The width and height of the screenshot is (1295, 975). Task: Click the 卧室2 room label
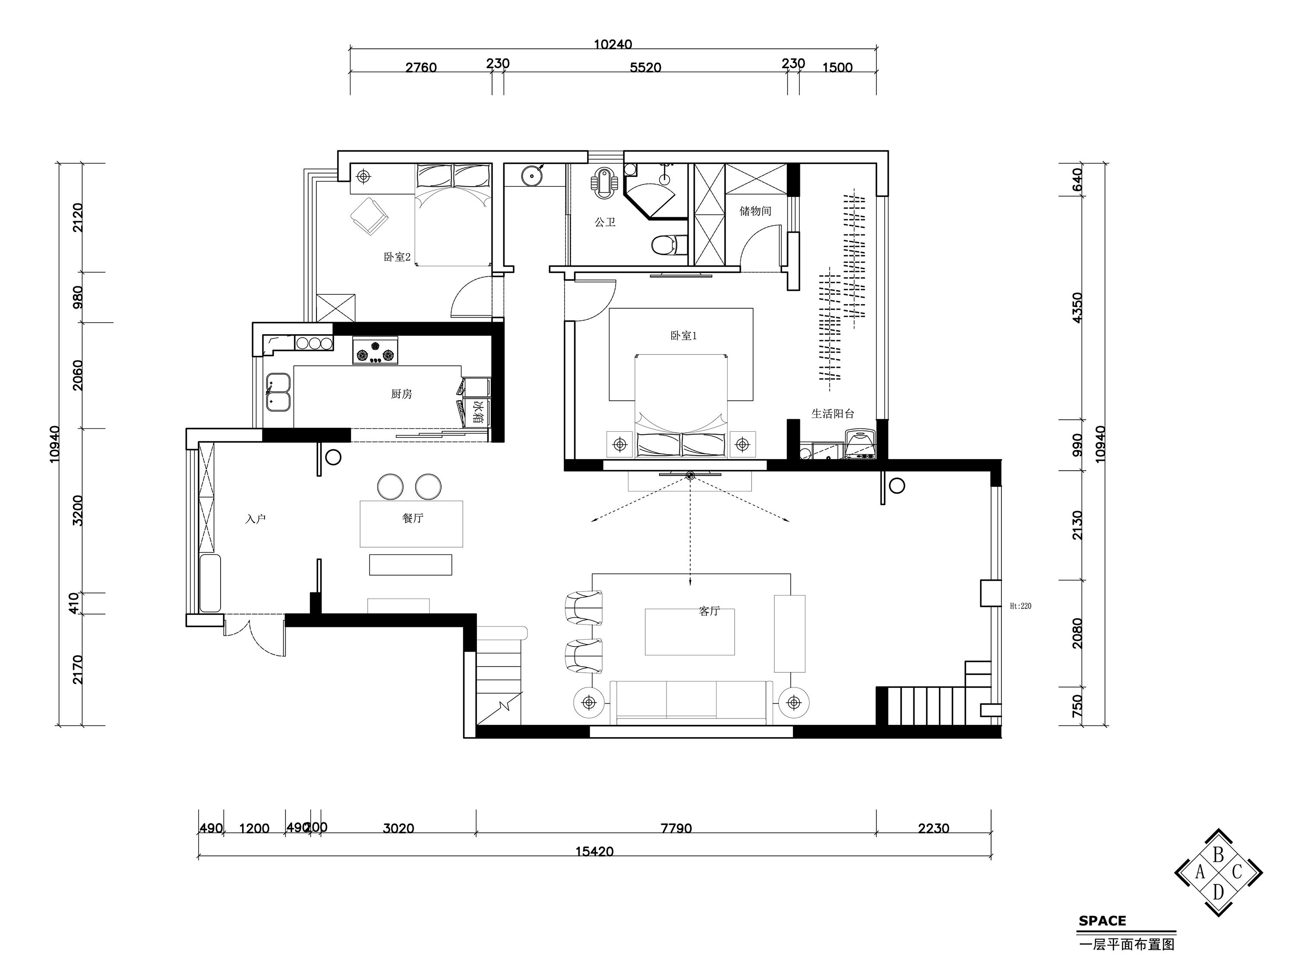point(397,256)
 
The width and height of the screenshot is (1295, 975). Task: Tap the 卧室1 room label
point(683,336)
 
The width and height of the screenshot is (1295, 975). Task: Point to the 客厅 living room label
point(709,611)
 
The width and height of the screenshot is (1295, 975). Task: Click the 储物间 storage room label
point(755,211)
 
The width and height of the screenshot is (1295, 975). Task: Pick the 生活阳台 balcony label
point(833,413)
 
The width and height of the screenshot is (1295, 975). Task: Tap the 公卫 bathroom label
point(605,222)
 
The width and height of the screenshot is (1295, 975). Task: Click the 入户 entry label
point(256,519)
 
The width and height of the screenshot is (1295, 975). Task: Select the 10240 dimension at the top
point(613,44)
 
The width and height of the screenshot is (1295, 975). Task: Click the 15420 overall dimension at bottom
point(594,851)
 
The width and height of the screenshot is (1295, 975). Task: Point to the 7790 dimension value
point(676,828)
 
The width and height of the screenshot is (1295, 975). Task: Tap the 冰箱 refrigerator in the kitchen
point(477,411)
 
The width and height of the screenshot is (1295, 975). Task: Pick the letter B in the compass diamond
point(1218,855)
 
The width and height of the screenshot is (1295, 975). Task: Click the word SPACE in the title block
point(1102,921)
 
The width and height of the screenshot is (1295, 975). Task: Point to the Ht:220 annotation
point(1020,606)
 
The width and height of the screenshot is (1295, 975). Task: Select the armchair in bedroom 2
point(370,217)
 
